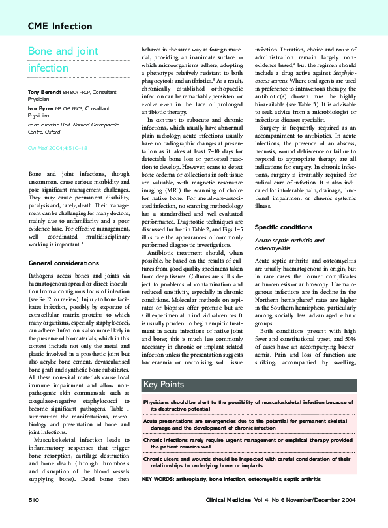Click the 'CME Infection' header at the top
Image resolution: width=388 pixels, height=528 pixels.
click(x=55, y=26)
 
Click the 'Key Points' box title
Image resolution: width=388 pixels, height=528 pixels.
click(x=163, y=385)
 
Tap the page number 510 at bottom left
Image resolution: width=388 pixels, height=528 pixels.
click(x=34, y=499)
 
